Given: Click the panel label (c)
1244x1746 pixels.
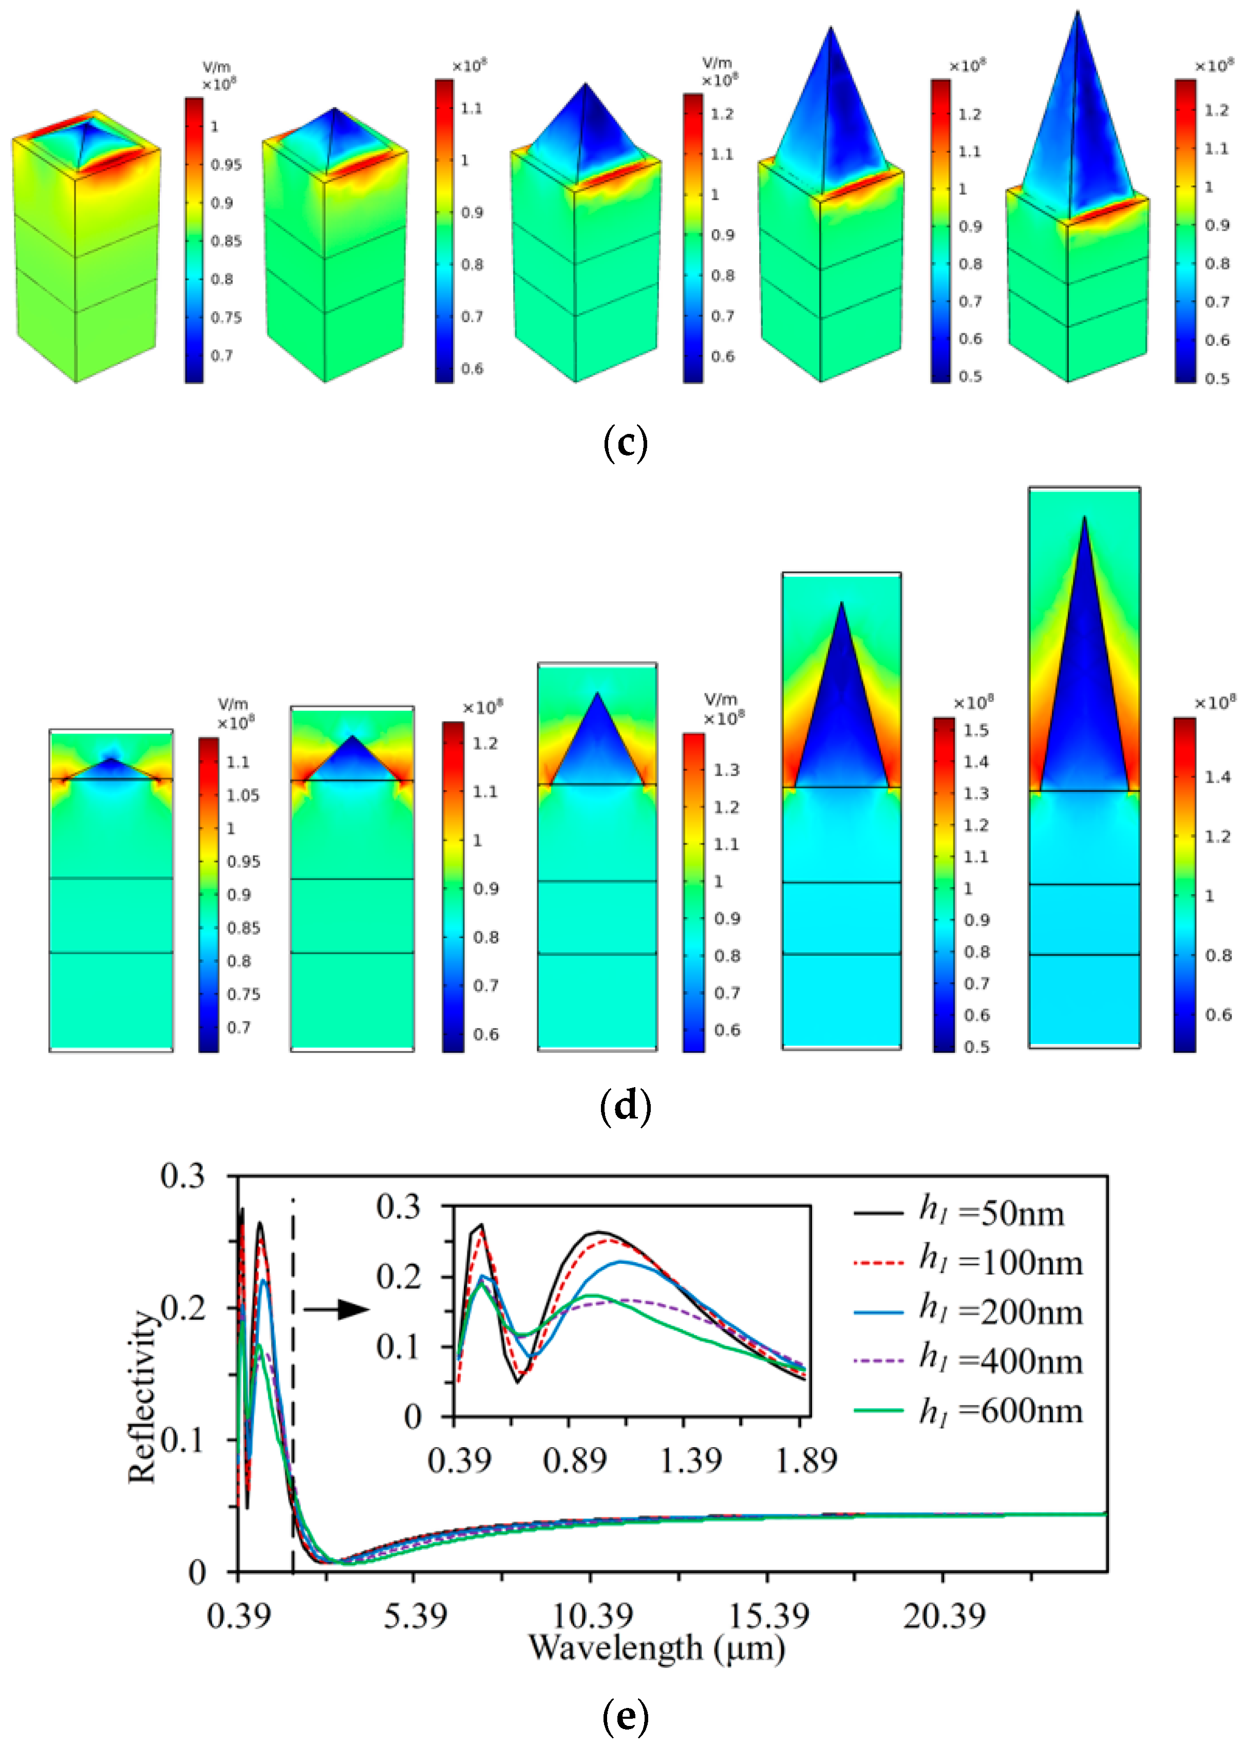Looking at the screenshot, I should click(625, 443).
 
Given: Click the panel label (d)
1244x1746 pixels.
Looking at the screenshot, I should click(625, 1106).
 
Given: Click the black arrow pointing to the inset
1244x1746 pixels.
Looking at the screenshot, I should click(337, 1309).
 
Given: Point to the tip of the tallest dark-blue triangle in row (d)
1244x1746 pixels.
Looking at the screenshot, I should click(1084, 517).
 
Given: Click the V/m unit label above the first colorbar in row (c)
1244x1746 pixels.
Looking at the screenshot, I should click(216, 67).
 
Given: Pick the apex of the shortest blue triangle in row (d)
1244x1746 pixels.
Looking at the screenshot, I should click(111, 758).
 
